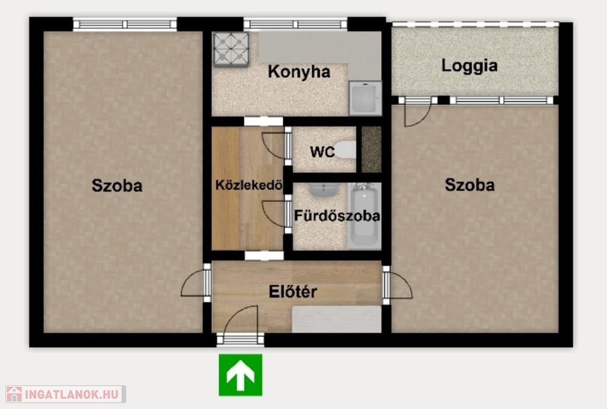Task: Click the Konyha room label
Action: click(x=299, y=72)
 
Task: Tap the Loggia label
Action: click(x=469, y=65)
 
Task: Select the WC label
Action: click(x=322, y=152)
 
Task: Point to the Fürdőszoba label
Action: click(x=337, y=215)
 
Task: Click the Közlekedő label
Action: click(x=248, y=185)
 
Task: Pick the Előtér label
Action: click(x=293, y=291)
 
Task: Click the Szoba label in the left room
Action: click(x=117, y=185)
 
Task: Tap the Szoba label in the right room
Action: click(x=469, y=185)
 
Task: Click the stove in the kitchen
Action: click(x=231, y=50)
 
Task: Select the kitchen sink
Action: click(x=365, y=98)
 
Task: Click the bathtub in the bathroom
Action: click(x=365, y=215)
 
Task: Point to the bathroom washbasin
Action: click(x=324, y=190)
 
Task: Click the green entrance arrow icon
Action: click(x=241, y=375)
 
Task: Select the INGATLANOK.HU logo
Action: click(x=66, y=394)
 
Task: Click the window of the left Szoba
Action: click(x=125, y=24)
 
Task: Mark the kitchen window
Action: click(x=295, y=24)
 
